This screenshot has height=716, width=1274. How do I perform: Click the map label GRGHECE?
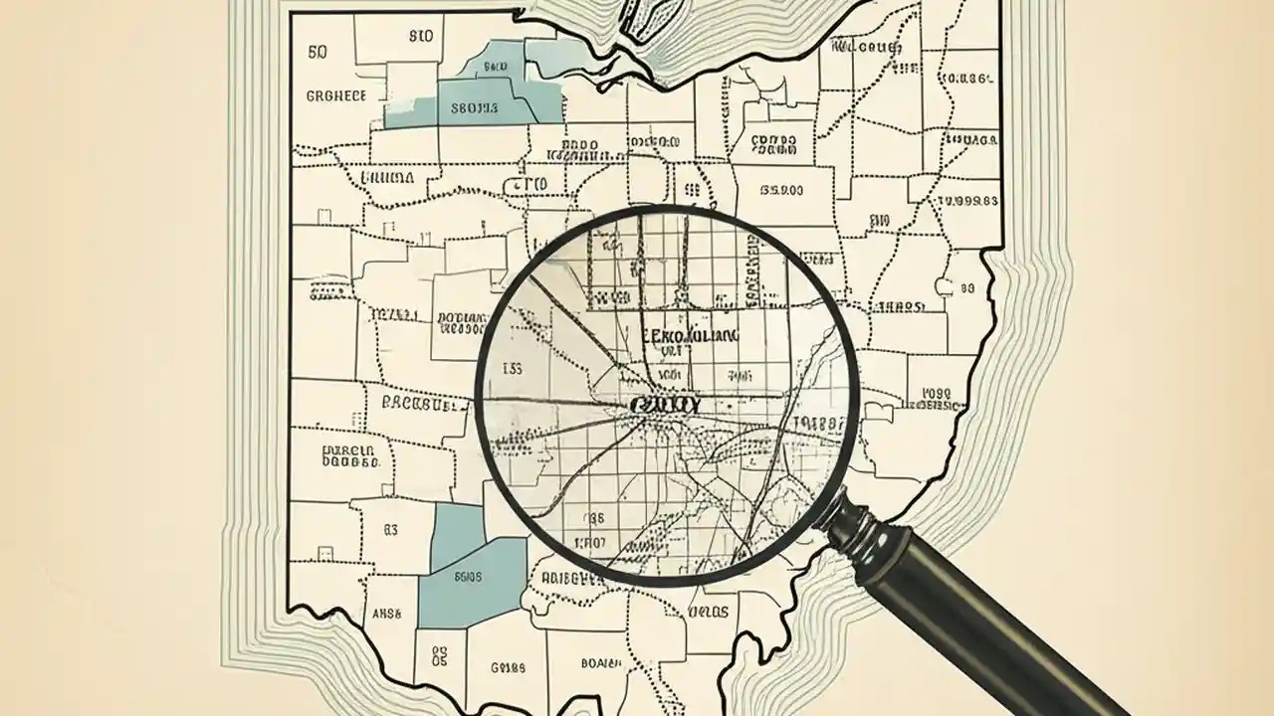[335, 95]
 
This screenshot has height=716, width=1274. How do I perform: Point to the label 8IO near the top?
[421, 37]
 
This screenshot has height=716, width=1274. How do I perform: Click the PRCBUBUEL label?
[425, 405]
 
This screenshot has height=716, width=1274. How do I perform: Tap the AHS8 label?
[385, 615]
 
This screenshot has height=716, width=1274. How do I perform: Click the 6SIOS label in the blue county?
[467, 576]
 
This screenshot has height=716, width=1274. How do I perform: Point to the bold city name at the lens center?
[665, 406]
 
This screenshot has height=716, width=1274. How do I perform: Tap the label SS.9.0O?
[781, 188]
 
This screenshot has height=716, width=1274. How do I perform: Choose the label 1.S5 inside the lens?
[512, 369]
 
